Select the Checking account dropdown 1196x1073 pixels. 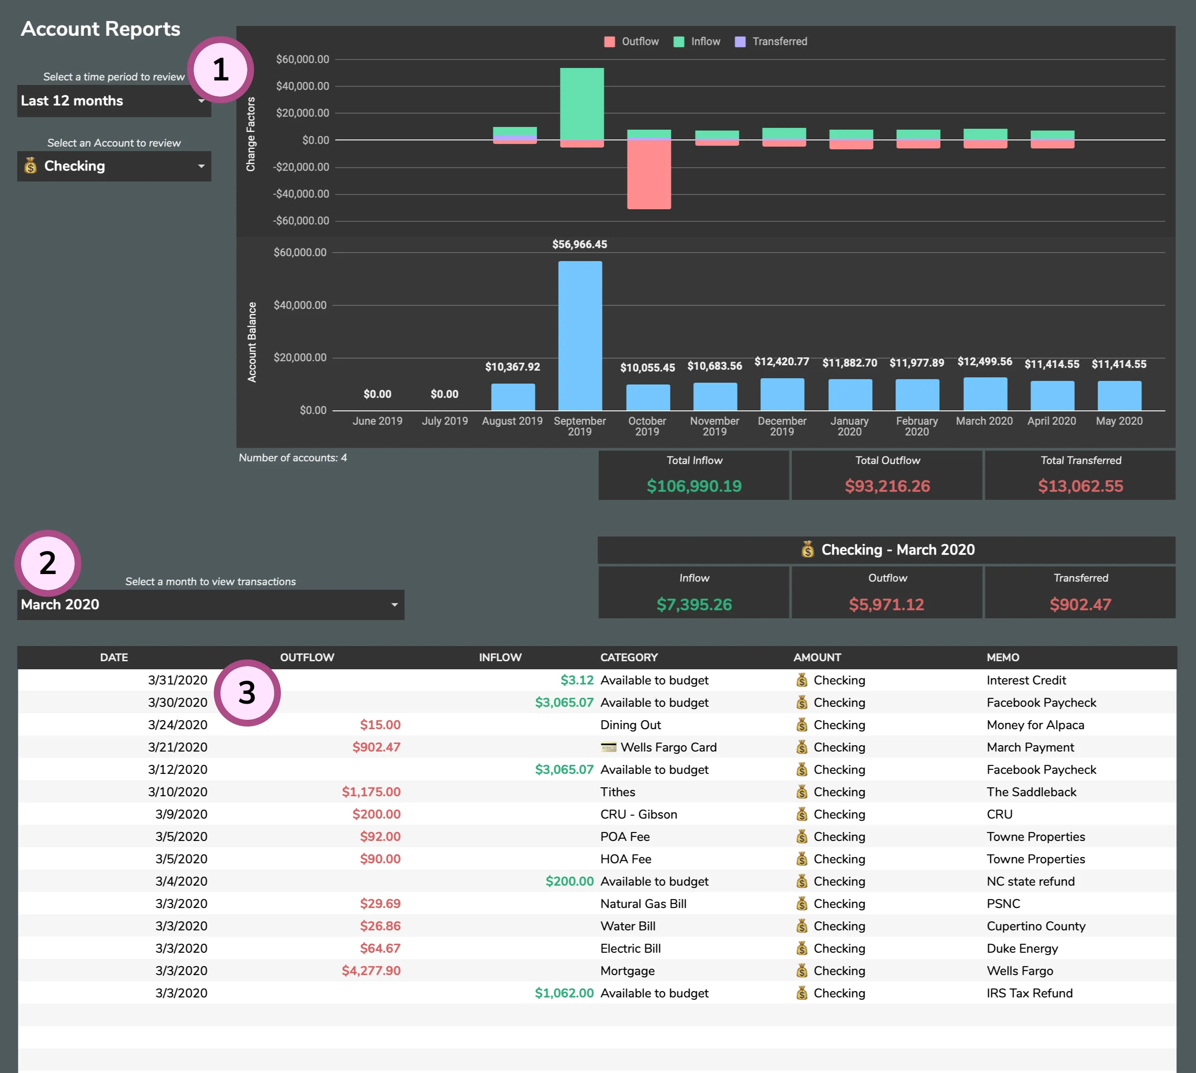[113, 166]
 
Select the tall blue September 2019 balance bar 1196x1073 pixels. [580, 336]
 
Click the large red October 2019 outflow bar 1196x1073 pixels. [649, 174]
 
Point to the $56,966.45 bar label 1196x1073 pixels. [579, 244]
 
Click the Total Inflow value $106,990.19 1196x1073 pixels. [694, 486]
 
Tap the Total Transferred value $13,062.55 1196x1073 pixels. [1081, 486]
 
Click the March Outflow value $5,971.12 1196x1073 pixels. [886, 604]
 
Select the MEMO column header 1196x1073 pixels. [1003, 657]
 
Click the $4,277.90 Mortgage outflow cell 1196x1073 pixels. [371, 971]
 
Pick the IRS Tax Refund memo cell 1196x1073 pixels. [1029, 993]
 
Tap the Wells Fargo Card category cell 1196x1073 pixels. [668, 747]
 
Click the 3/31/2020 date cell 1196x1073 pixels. [177, 680]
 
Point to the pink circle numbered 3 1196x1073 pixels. [247, 693]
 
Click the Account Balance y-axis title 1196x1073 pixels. [252, 342]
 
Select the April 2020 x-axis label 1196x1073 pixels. [1052, 421]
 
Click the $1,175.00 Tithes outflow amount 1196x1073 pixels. [371, 792]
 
